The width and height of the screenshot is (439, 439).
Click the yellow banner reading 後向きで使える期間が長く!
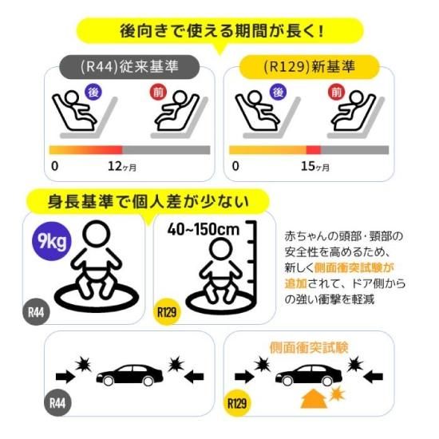click(x=219, y=34)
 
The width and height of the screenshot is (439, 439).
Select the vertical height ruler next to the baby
click(x=255, y=263)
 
